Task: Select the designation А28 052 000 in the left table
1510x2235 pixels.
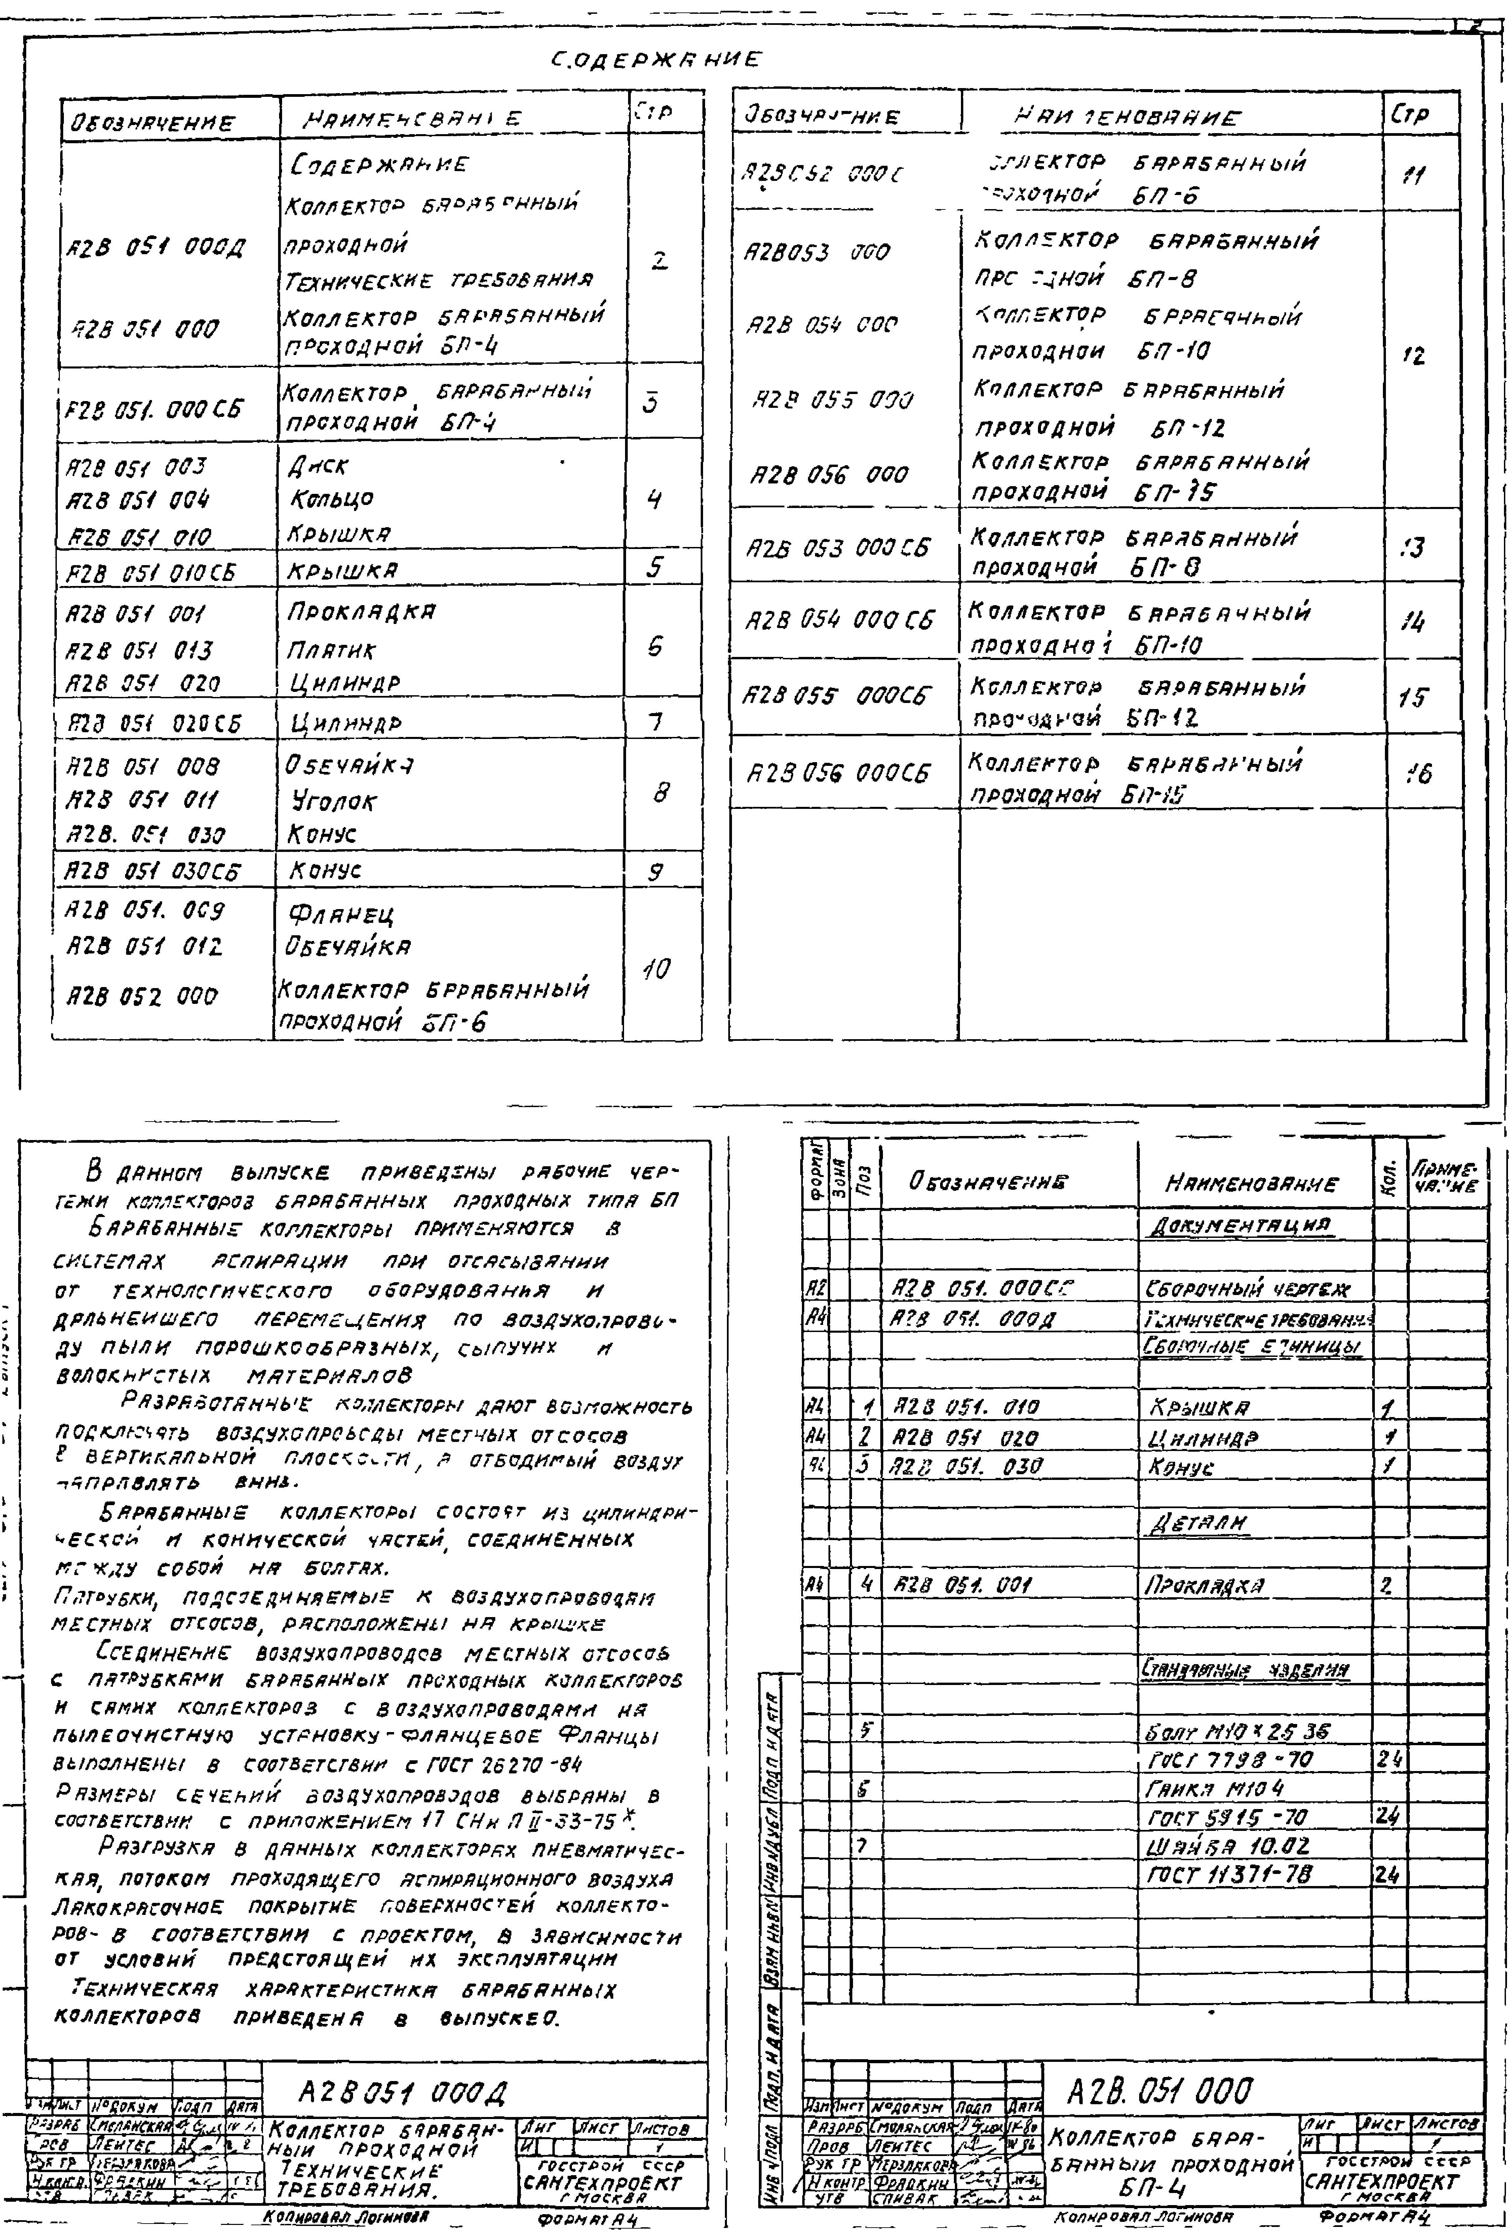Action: [x=141, y=996]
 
